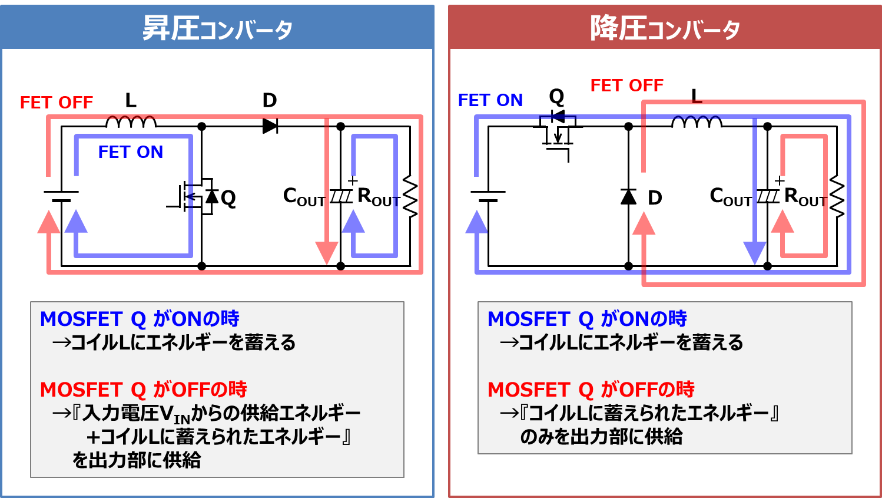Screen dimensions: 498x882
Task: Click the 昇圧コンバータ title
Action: [217, 28]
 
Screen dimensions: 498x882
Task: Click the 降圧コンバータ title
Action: [665, 28]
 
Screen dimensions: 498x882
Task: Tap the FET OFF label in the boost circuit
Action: [57, 103]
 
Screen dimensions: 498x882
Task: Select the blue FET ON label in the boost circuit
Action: [131, 152]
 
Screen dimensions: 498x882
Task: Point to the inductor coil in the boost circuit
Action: [131, 122]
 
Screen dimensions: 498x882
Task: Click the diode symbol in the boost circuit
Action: [270, 126]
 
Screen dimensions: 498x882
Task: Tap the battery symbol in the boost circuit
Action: [61, 196]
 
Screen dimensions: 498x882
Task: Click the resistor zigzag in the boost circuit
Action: [410, 196]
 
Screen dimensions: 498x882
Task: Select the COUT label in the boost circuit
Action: [304, 196]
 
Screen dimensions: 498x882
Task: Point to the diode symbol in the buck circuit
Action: [628, 196]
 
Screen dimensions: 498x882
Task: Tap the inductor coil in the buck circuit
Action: [697, 122]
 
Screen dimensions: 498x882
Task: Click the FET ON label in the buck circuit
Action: [490, 100]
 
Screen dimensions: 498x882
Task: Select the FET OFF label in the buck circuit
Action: [627, 85]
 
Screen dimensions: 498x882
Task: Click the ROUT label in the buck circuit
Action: [805, 196]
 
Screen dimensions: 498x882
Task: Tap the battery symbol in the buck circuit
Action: [488, 196]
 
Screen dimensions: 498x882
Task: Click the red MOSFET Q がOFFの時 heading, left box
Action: [143, 390]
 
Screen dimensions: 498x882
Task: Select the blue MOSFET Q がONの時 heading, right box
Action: [587, 319]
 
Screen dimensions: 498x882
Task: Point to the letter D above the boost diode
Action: [270, 100]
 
